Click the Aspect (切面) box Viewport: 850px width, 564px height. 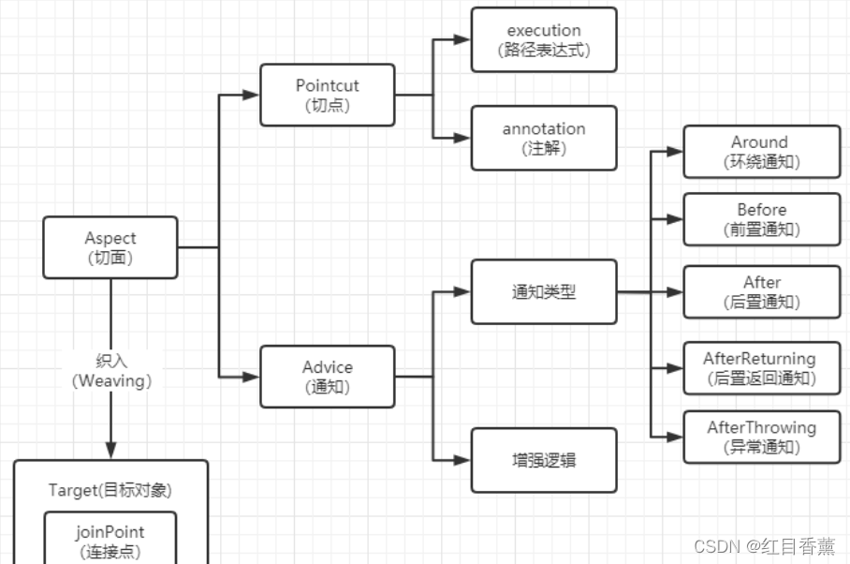pyautogui.click(x=110, y=247)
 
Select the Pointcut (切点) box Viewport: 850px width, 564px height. pyautogui.click(x=327, y=95)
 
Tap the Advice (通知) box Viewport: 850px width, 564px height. pyautogui.click(x=327, y=377)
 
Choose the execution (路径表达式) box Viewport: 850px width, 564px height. pyautogui.click(x=544, y=39)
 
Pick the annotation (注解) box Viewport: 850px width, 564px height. pyautogui.click(x=544, y=138)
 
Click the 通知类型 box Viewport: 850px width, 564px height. pyautogui.click(x=544, y=291)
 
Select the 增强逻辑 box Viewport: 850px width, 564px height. pyautogui.click(x=544, y=460)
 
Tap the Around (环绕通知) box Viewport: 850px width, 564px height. pyautogui.click(x=761, y=151)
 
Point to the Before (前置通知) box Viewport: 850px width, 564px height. pyautogui.click(x=761, y=219)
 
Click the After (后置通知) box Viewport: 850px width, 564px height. pyautogui.click(x=761, y=291)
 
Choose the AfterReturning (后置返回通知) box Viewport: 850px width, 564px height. pyautogui.click(x=761, y=368)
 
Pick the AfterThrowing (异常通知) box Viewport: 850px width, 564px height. pyautogui.click(x=761, y=437)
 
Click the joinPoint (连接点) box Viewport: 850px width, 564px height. pyautogui.click(x=110, y=541)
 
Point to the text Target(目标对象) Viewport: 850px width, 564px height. pyautogui.click(x=110, y=490)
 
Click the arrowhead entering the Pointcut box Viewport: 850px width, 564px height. pyautogui.click(x=251, y=95)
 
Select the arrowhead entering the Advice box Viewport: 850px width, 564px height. pyautogui.click(x=251, y=377)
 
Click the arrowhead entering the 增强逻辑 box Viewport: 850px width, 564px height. pyautogui.click(x=462, y=460)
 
